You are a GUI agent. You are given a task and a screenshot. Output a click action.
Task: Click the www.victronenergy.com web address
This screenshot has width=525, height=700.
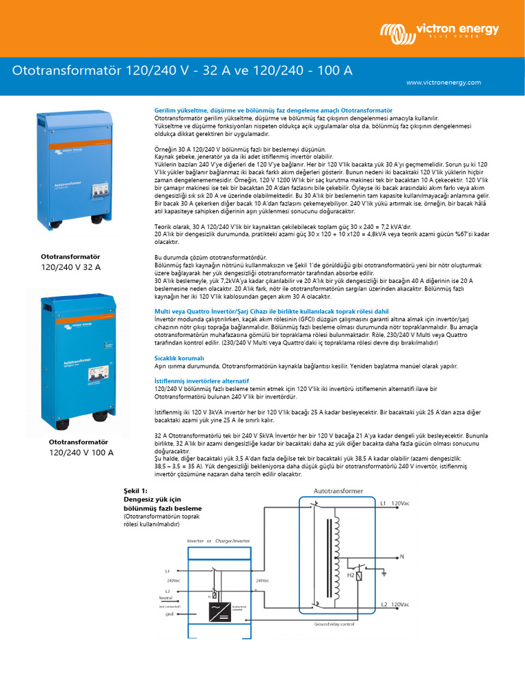point(443,82)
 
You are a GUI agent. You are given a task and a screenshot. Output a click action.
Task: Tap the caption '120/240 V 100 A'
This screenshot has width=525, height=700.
point(81,453)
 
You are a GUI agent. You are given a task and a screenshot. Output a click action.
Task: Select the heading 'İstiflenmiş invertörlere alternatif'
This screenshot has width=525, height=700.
point(202,379)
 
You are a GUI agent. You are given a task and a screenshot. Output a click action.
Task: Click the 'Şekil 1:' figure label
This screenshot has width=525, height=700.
point(135,491)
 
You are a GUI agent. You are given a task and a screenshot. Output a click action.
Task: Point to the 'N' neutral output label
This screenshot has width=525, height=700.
point(402,556)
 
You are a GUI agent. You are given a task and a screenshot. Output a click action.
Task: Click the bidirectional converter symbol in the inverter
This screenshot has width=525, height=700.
point(219,608)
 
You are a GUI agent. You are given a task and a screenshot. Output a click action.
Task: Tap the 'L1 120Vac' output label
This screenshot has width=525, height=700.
point(394,503)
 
